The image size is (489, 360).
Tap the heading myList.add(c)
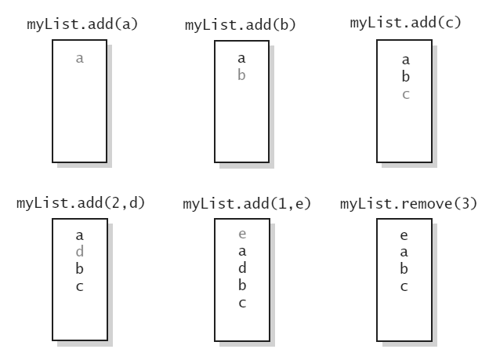pyautogui.click(x=405, y=21)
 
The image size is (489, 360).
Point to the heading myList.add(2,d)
pyautogui.click(x=81, y=203)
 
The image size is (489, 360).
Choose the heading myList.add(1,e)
pyautogui.click(x=247, y=204)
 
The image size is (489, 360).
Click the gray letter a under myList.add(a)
pyautogui.click(x=79, y=58)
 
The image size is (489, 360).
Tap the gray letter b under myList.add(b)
pyautogui.click(x=241, y=75)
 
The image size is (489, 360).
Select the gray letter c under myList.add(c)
pyautogui.click(x=405, y=94)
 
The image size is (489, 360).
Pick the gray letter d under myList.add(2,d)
pyautogui.click(x=79, y=252)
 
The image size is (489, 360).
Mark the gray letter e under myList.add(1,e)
pyautogui.click(x=241, y=235)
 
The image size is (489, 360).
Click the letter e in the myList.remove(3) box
pyautogui.click(x=404, y=235)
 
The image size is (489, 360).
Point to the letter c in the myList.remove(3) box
pyautogui.click(x=404, y=286)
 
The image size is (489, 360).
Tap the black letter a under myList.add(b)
pyautogui.click(x=241, y=58)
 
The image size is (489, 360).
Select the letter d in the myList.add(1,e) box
pyautogui.click(x=241, y=268)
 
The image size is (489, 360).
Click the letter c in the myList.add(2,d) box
pyautogui.click(x=79, y=286)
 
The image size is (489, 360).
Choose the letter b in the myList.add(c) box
pyautogui.click(x=405, y=77)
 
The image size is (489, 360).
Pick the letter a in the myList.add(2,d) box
pyautogui.click(x=79, y=235)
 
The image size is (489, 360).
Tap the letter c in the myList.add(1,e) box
pyautogui.click(x=241, y=304)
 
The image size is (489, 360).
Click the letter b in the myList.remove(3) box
pyautogui.click(x=404, y=269)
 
